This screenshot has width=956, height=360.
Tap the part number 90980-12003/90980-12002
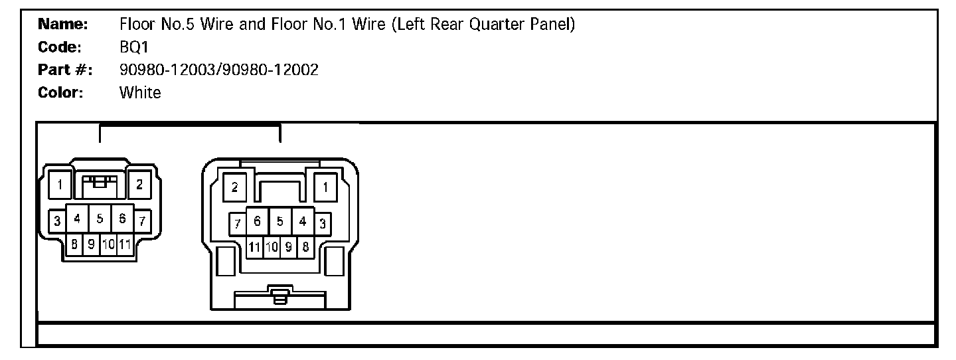tap(218, 70)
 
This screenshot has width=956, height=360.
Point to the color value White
tap(140, 92)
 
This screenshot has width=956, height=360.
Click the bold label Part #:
tap(64, 70)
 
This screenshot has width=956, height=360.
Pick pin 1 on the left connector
tap(60, 185)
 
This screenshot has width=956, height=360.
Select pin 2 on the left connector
tap(139, 185)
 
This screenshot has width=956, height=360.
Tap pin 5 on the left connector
tap(100, 218)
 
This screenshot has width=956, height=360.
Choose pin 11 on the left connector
tap(124, 244)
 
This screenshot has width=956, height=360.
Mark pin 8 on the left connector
tap(74, 244)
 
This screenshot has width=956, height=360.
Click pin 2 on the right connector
tap(235, 187)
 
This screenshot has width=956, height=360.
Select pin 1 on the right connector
tap(325, 187)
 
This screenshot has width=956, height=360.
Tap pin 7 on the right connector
tap(237, 223)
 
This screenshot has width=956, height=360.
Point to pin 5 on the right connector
tap(280, 221)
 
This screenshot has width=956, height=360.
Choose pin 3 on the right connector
tap(323, 223)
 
